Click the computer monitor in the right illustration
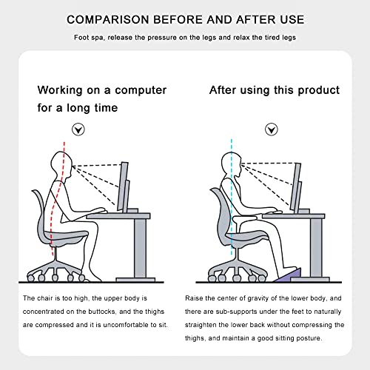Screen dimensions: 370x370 click(297, 185)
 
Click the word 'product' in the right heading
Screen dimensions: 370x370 click(318, 90)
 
